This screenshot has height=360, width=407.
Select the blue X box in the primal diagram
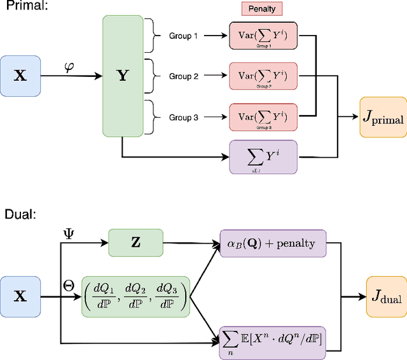(x=20, y=76)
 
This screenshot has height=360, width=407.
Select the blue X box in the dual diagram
(x=20, y=296)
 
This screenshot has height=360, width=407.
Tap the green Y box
(x=122, y=75)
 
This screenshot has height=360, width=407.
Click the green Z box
(x=135, y=242)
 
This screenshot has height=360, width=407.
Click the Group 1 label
(x=184, y=36)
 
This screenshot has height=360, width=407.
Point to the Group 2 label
(x=184, y=76)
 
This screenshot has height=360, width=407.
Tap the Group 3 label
(x=184, y=117)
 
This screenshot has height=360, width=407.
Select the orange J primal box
(x=382, y=117)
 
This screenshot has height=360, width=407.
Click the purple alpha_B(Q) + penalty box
(x=272, y=243)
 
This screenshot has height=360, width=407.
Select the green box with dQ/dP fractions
(x=135, y=296)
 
